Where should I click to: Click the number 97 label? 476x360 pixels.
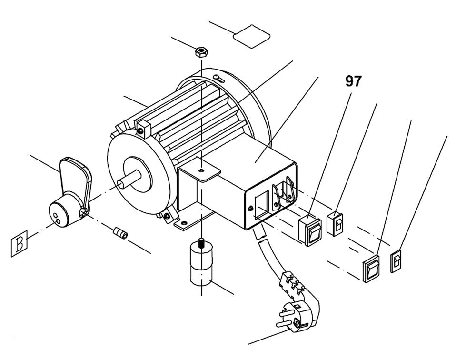pyautogui.click(x=353, y=81)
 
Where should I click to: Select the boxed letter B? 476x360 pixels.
pyautogui.click(x=20, y=244)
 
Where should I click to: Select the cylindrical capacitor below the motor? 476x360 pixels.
pyautogui.click(x=202, y=266)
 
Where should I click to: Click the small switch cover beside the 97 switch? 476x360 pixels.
pyautogui.click(x=336, y=222)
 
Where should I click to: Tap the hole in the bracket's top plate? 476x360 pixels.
pyautogui.click(x=201, y=170)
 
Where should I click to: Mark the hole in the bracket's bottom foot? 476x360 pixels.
pyautogui.click(x=182, y=221)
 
